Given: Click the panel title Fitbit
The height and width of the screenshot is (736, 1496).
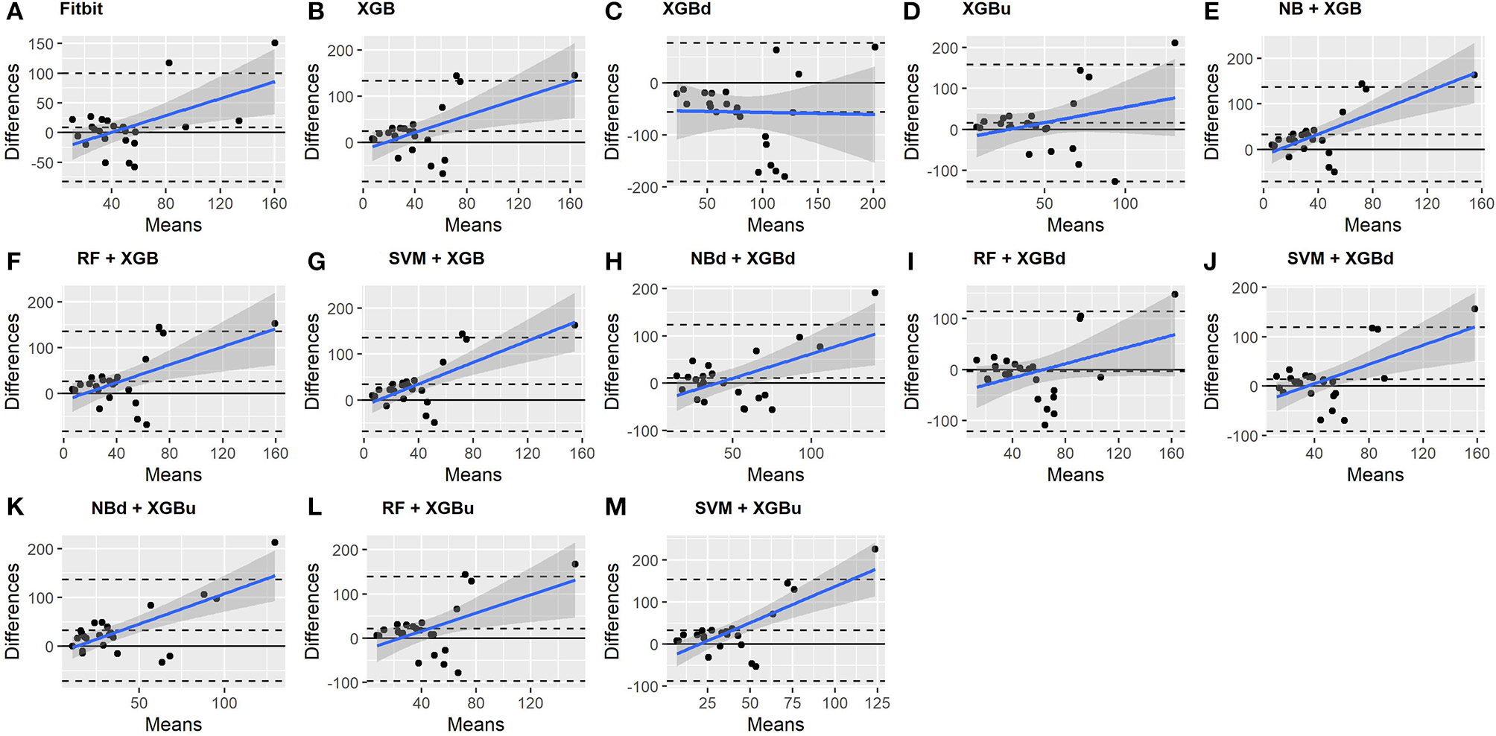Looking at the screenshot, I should (81, 10).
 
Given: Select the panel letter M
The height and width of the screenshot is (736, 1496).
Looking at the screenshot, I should (615, 507).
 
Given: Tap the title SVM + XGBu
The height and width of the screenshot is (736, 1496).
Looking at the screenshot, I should (747, 508).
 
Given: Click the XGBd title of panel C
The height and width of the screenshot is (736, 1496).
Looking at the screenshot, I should (688, 10).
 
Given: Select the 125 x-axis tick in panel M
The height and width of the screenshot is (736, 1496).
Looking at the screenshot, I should (877, 702).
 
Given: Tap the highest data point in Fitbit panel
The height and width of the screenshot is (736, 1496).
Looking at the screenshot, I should (274, 43).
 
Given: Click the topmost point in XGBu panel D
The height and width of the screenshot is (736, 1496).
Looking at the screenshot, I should (1175, 43).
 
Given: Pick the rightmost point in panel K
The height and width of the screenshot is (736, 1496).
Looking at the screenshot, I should (275, 542).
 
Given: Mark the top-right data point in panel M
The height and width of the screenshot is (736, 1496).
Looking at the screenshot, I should (875, 549).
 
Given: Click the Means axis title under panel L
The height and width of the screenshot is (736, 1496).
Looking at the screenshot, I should (475, 724).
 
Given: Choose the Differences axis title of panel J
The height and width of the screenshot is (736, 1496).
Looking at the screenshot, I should (1211, 361).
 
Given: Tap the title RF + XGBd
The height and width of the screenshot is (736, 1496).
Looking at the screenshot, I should (1018, 258).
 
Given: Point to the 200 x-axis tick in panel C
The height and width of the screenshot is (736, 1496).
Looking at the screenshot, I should (873, 203).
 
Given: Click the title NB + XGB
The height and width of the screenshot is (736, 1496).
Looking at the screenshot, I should (1319, 9).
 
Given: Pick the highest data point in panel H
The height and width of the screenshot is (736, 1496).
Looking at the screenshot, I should (875, 293).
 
